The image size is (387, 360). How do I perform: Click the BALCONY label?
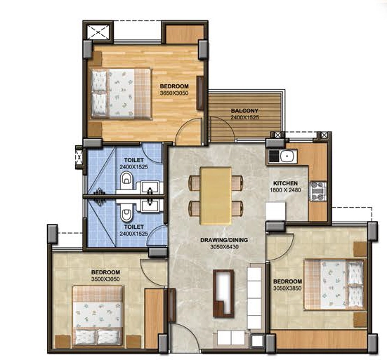coord(244,111)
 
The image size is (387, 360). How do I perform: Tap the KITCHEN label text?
coord(285,183)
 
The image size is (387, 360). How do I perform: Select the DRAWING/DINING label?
coord(224,240)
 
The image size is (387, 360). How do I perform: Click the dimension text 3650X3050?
coord(174,93)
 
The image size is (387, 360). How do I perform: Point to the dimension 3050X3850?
coord(287,288)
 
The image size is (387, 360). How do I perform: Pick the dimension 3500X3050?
coord(105,279)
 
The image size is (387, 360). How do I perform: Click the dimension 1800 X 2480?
coord(285,190)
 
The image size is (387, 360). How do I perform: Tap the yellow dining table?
coord(216,196)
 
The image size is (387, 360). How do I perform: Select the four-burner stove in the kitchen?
coord(318,191)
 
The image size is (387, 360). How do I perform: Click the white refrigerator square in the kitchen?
coord(276,211)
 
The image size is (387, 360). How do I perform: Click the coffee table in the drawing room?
coord(223,293)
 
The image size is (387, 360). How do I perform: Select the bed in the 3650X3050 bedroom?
coord(121,94)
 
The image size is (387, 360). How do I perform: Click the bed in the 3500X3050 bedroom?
coord(98,316)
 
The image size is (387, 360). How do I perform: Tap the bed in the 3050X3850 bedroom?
coord(334,284)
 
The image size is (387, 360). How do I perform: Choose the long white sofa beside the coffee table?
coord(254,298)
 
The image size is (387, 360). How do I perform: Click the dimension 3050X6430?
coord(224,246)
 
